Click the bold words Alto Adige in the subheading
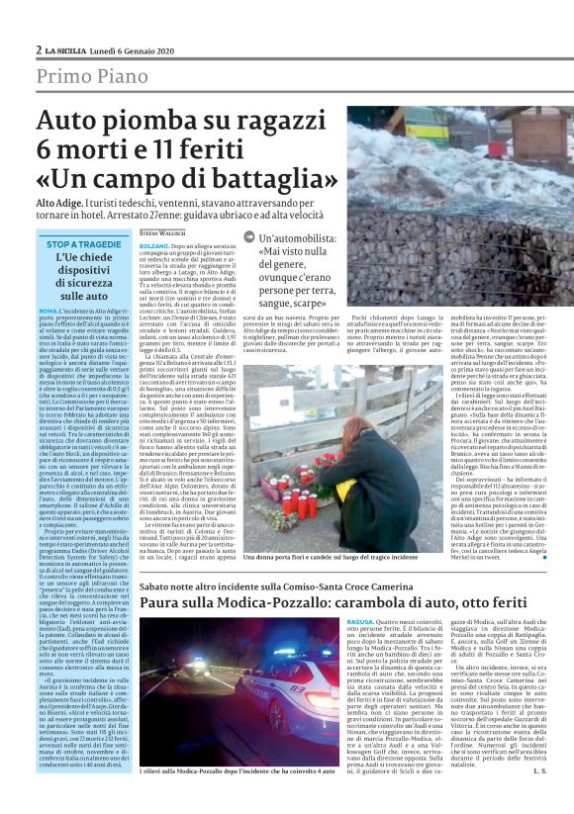57,202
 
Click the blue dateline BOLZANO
153,243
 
